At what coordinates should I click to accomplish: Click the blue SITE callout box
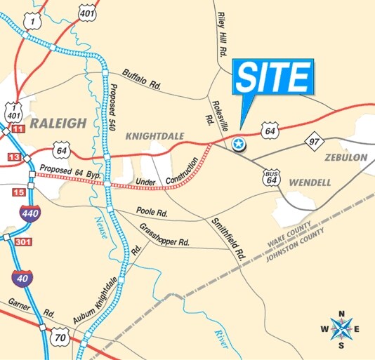(x=272, y=77)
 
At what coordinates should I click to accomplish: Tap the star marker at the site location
(x=239, y=144)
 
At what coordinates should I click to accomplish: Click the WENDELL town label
(x=308, y=182)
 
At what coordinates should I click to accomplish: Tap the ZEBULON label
(x=346, y=158)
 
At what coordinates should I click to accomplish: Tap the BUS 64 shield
(x=271, y=178)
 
